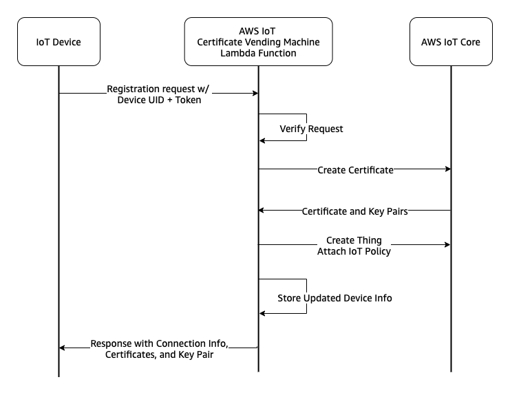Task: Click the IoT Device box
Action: point(59,41)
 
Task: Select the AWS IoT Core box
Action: point(451,41)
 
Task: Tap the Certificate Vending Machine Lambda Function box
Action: point(258,41)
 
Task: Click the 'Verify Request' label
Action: point(311,129)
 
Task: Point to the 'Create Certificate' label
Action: point(356,170)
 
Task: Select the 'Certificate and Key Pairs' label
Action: point(355,211)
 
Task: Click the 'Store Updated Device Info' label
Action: point(334,298)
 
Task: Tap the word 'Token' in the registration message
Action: point(188,100)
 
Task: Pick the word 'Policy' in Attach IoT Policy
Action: point(378,251)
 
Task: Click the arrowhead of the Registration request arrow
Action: point(255,94)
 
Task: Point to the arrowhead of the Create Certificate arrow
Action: point(448,169)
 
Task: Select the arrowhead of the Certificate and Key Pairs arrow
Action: point(262,211)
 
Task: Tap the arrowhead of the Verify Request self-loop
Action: point(262,141)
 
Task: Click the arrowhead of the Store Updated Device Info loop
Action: point(262,313)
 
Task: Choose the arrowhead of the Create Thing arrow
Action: point(447,244)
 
